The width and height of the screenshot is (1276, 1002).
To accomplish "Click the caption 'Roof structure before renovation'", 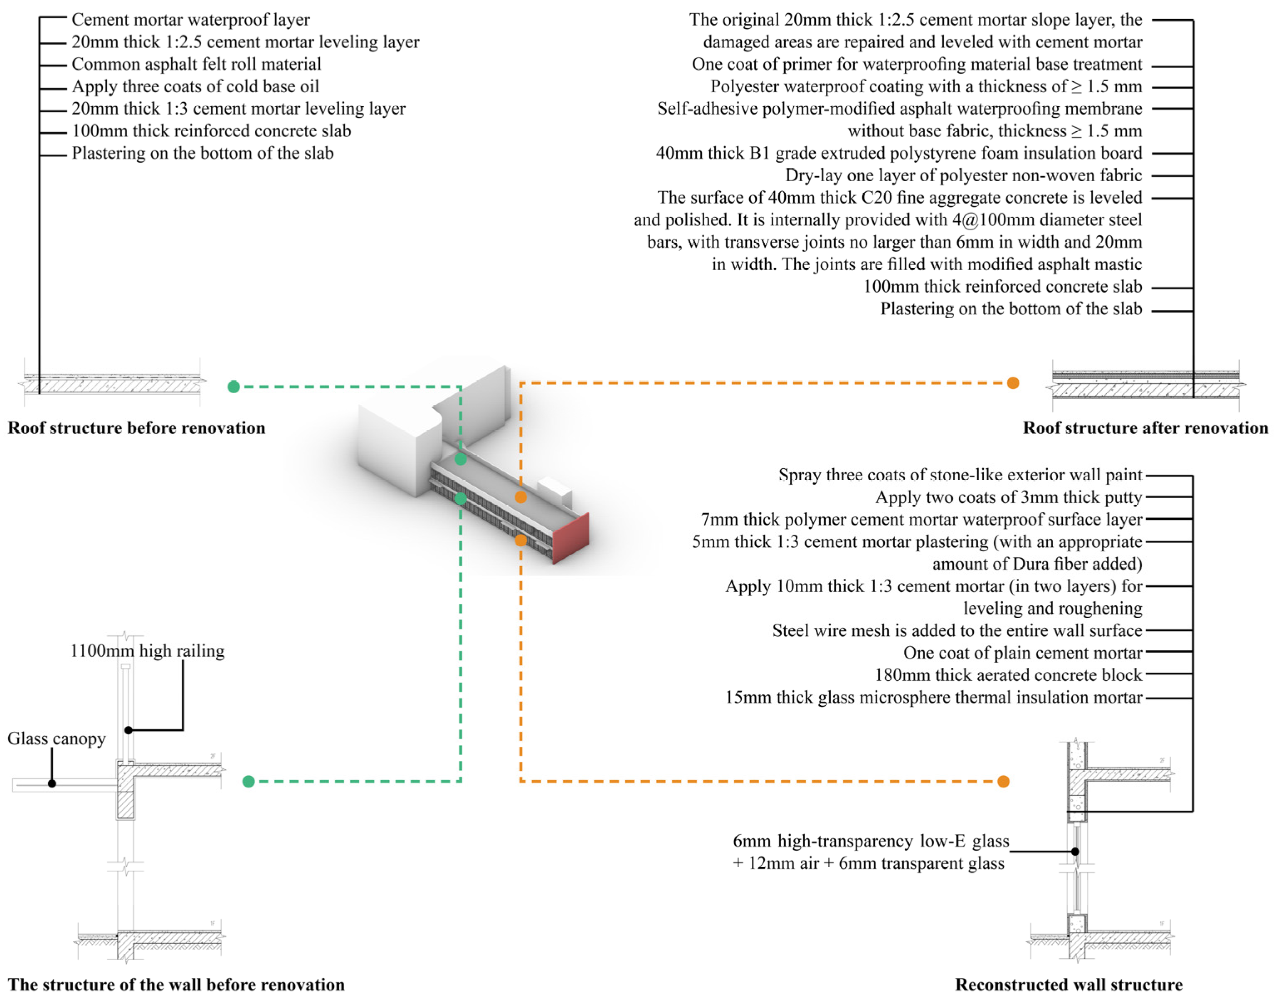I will [x=136, y=428].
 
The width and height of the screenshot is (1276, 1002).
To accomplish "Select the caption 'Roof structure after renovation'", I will [x=1145, y=428].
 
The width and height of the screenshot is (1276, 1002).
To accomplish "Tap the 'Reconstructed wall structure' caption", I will [x=1068, y=985].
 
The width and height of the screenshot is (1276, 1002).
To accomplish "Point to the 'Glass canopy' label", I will [x=56, y=738].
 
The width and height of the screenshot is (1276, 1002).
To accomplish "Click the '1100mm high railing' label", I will [x=147, y=651].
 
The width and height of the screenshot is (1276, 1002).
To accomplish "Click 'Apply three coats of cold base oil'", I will [x=195, y=86].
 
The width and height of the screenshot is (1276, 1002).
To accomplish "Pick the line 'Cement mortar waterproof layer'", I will [x=190, y=20].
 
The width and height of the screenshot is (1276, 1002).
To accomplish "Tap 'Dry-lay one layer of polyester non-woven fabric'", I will [x=963, y=175].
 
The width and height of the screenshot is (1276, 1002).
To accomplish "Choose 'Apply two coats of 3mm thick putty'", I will [x=1009, y=497].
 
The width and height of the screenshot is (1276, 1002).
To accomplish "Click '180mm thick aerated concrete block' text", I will [x=1008, y=675].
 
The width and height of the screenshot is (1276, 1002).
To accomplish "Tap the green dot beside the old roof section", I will [x=234, y=387].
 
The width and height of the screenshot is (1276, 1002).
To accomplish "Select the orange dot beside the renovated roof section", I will [x=1012, y=383].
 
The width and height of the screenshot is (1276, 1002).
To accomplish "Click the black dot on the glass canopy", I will [x=52, y=783].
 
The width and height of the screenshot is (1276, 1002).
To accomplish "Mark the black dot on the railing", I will [x=128, y=730].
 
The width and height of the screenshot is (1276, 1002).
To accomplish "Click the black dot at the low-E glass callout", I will [x=1075, y=851].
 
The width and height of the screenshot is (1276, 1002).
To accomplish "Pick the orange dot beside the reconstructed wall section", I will [x=1003, y=781].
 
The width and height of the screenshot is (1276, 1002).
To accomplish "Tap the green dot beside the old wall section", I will [x=248, y=781].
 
